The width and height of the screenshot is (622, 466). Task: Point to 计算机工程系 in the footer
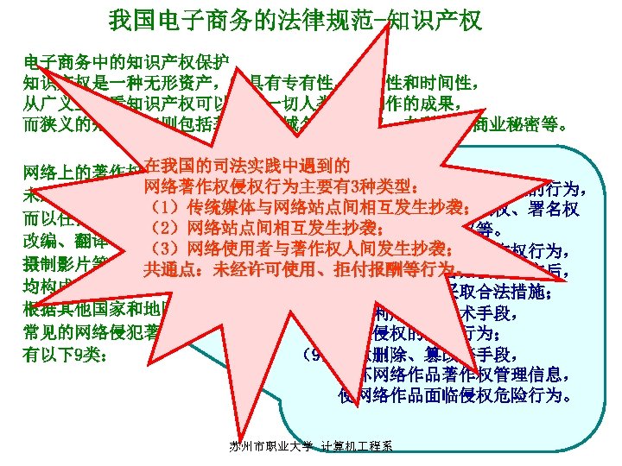pyautogui.click(x=355, y=446)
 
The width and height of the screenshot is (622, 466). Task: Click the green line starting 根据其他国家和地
pyautogui.click(x=99, y=309)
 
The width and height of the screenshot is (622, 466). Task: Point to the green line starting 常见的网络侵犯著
pyautogui.click(x=99, y=331)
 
